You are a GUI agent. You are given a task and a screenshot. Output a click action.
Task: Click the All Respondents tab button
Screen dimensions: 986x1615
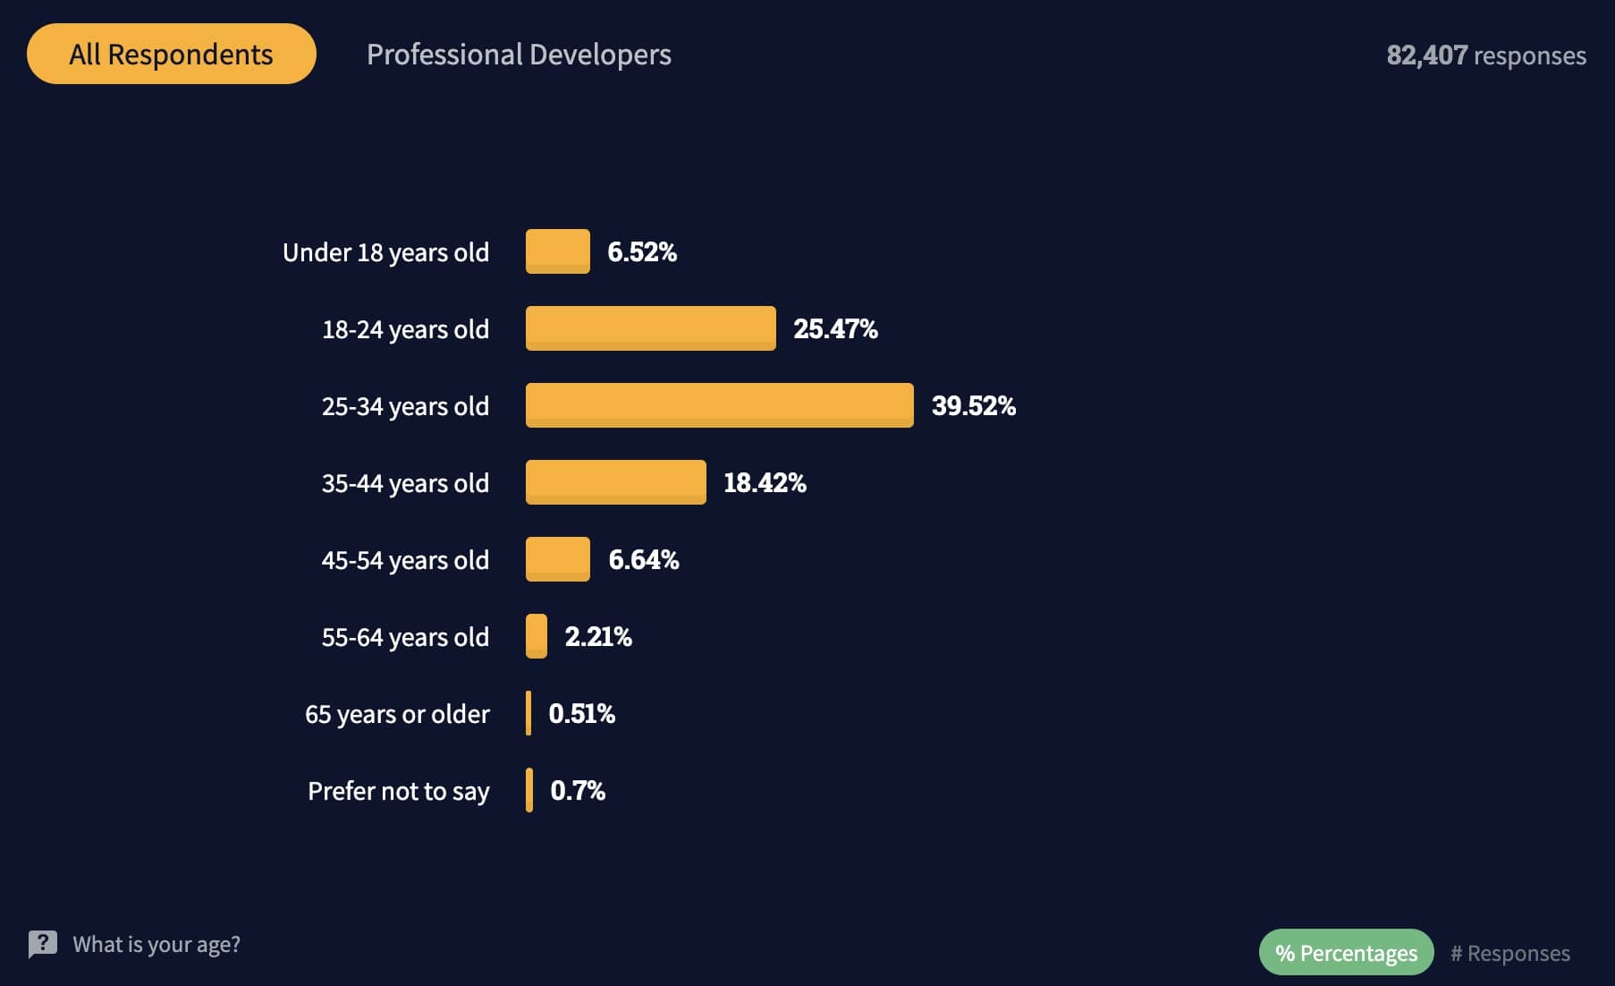[x=171, y=54]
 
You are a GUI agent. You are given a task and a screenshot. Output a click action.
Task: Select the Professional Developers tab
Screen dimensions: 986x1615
[x=519, y=55]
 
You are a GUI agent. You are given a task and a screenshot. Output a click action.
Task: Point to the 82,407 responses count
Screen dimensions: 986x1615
[x=1486, y=55]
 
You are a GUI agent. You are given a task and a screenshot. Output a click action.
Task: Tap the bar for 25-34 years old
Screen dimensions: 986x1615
[x=719, y=405]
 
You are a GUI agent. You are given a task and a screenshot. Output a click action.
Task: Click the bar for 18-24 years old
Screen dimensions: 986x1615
[x=650, y=328]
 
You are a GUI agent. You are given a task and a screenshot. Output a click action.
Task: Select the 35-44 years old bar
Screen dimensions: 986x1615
[x=615, y=482]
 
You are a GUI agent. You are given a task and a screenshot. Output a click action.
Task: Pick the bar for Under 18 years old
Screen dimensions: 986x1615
[x=557, y=251]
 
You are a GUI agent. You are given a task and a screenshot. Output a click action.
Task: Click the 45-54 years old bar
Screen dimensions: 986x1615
[x=557, y=559]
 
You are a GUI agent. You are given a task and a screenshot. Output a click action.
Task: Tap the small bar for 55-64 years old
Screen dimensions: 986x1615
[x=537, y=636]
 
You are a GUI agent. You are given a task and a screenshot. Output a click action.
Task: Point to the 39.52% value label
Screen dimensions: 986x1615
[x=973, y=405]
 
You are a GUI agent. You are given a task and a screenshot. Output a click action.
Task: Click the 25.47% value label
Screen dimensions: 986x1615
[x=835, y=328]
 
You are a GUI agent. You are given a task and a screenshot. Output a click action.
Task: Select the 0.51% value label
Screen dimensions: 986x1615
[x=581, y=713]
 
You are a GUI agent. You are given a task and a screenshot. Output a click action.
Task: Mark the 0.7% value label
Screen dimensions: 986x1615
[x=578, y=790]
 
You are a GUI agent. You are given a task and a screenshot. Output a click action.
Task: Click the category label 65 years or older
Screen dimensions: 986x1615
[x=397, y=714]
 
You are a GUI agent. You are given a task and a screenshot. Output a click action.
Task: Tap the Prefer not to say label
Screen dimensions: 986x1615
[x=398, y=791]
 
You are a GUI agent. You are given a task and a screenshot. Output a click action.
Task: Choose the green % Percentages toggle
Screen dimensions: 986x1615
[x=1346, y=953]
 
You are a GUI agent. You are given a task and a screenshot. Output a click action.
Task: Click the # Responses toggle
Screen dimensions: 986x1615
[x=1509, y=953]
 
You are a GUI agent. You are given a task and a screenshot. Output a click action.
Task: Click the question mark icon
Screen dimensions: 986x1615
[x=42, y=944]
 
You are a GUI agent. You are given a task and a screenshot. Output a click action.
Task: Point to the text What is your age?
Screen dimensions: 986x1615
[x=156, y=944]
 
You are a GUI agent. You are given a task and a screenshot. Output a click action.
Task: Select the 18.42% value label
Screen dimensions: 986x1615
[x=765, y=482]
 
